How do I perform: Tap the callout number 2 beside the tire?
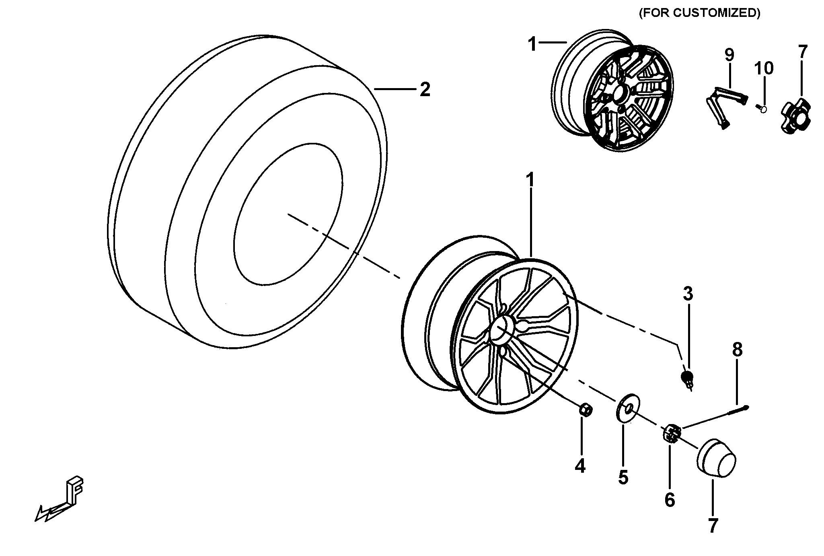pyautogui.click(x=425, y=89)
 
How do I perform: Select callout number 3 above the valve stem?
pyautogui.click(x=688, y=294)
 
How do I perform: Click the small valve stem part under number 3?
pyautogui.click(x=688, y=379)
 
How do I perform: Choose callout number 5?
pyautogui.click(x=623, y=478)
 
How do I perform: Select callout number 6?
pyautogui.click(x=669, y=500)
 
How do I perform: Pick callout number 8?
pyautogui.click(x=737, y=350)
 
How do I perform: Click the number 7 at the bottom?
pyautogui.click(x=713, y=525)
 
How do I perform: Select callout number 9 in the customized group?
pyautogui.click(x=729, y=55)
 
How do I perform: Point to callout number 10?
pyautogui.click(x=763, y=68)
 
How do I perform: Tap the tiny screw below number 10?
pyautogui.click(x=761, y=108)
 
